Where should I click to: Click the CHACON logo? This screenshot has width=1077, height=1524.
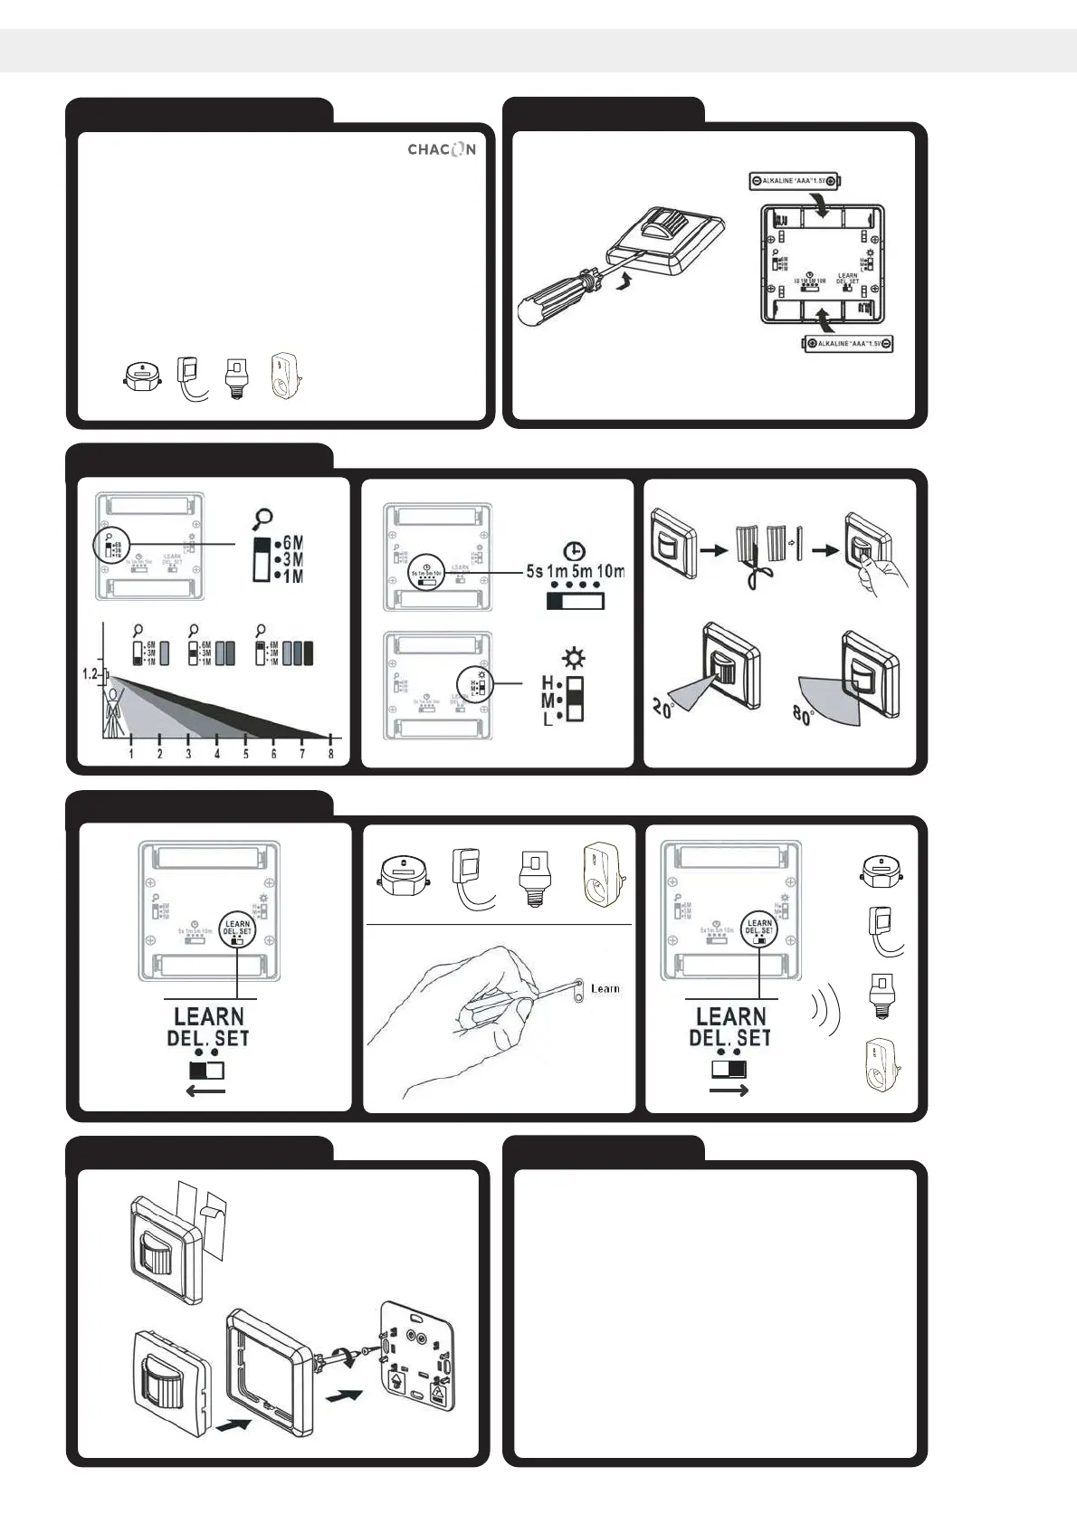441,149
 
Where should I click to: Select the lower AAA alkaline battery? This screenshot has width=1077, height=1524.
848,344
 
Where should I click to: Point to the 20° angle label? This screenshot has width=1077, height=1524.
663,708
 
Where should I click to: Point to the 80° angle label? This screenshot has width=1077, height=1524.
804,714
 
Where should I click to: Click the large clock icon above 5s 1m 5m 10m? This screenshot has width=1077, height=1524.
574,551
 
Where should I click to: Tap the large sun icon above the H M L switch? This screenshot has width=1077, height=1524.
572,658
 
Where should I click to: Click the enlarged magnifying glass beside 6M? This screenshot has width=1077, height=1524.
263,519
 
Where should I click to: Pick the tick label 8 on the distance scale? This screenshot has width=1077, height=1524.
331,754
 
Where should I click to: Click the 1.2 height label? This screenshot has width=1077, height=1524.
90,675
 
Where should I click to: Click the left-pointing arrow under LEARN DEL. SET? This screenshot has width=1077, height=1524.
205,1091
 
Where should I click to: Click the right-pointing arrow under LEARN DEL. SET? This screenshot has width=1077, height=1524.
729,1091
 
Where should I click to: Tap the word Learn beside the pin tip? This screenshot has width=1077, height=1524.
605,988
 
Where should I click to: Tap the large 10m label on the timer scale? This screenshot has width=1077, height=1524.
611,572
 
